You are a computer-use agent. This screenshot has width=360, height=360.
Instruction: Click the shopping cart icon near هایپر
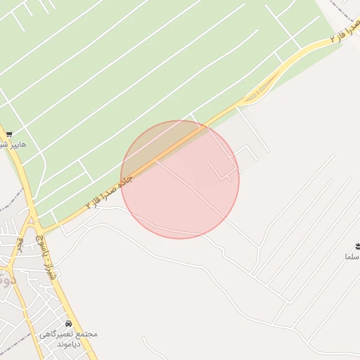9,134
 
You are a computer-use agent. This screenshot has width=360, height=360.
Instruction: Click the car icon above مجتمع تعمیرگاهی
67,323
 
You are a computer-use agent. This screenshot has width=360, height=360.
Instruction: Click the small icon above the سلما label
357,245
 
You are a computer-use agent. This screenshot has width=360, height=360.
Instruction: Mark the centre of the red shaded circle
180,179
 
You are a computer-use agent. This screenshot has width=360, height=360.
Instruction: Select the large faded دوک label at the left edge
6,279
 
